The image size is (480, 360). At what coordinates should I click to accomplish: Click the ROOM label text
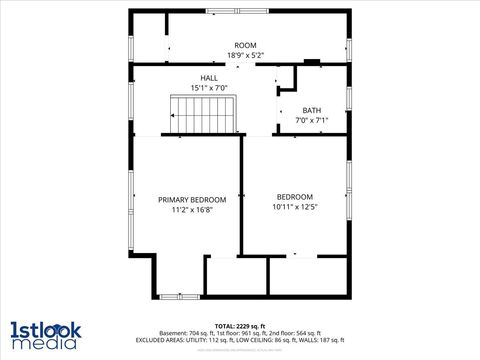(245, 46)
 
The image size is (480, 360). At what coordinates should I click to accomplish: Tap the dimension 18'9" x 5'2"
(245, 56)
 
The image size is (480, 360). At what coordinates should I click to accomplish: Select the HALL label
(209, 78)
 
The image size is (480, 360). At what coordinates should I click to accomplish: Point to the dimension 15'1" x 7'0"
(209, 88)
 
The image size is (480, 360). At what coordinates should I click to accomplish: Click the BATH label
(311, 111)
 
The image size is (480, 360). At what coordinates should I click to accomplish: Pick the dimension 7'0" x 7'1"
(311, 121)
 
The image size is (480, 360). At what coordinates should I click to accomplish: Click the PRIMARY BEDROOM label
(192, 200)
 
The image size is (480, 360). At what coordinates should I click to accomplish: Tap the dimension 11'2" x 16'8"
(192, 210)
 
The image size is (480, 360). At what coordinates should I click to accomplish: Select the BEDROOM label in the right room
(295, 197)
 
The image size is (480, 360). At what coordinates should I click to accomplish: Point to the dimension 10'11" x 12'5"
(295, 207)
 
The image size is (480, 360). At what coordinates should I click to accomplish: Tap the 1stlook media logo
(46, 334)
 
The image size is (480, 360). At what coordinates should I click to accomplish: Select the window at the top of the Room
(238, 11)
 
